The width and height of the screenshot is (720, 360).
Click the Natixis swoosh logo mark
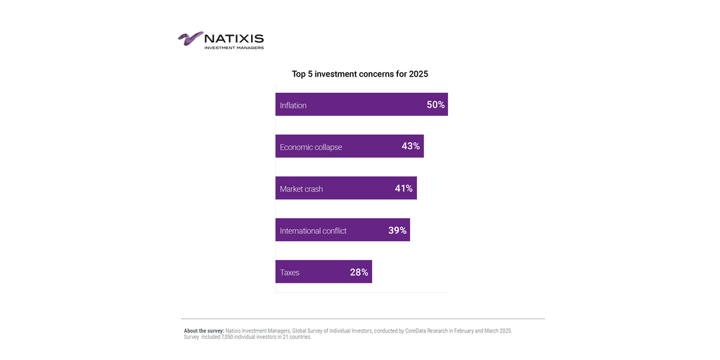[190, 39]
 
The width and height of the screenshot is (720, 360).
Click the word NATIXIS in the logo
[234, 39]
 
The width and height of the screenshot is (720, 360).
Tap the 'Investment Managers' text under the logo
[234, 48]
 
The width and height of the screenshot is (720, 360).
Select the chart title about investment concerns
[359, 74]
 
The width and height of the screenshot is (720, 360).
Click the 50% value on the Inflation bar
[435, 105]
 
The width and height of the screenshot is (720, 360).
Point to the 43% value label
[411, 146]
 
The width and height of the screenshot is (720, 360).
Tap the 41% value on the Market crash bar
[404, 188]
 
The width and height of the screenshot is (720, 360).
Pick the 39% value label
[397, 231]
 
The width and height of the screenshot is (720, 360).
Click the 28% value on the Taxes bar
[359, 272]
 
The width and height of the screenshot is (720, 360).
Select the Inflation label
[293, 105]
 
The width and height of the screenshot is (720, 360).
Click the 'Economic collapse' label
[311, 147]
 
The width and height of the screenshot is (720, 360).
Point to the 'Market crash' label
[302, 189]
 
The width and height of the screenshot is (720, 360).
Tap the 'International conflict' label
[313, 231]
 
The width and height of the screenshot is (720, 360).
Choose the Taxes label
[290, 273]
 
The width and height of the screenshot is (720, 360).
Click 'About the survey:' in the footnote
[204, 330]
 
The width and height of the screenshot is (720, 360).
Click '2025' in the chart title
[418, 74]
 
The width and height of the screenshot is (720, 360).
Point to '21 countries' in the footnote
[297, 337]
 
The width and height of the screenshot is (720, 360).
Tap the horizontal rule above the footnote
[363, 319]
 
